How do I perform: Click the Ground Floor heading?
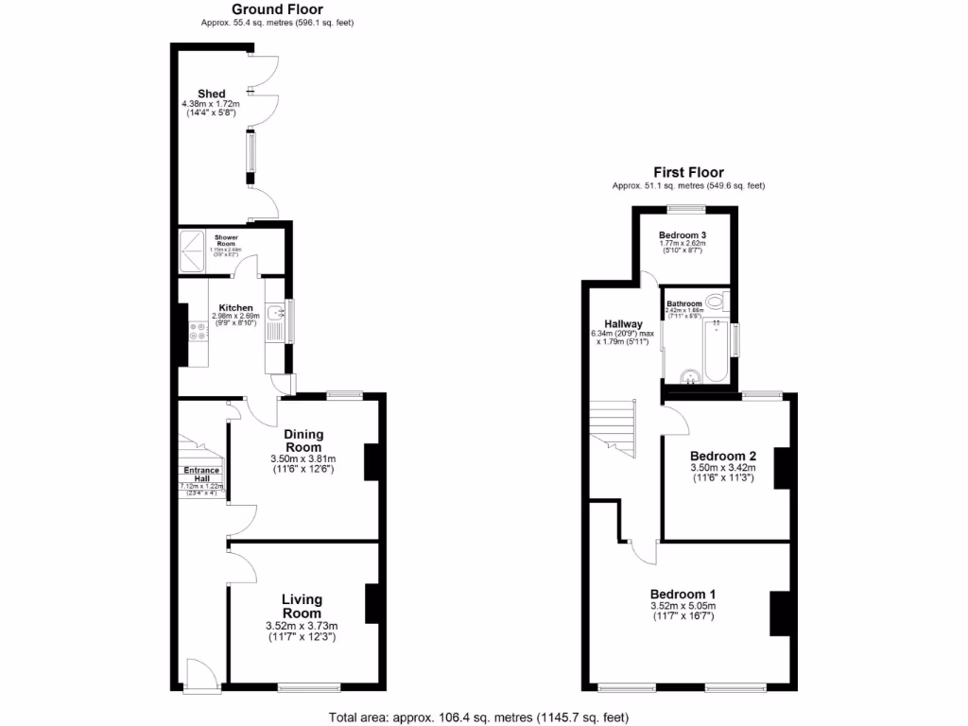coord(277,9)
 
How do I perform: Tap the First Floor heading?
coord(688,172)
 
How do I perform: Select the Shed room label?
coord(209,93)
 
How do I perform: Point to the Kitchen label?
coord(235,308)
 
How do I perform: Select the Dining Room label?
coord(302,441)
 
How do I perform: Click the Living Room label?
coord(302,606)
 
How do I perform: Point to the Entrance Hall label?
coord(201,475)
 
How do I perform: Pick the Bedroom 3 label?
coord(683,234)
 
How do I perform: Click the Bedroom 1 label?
coord(683,593)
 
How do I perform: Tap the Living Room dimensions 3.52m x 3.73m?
coord(302,626)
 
